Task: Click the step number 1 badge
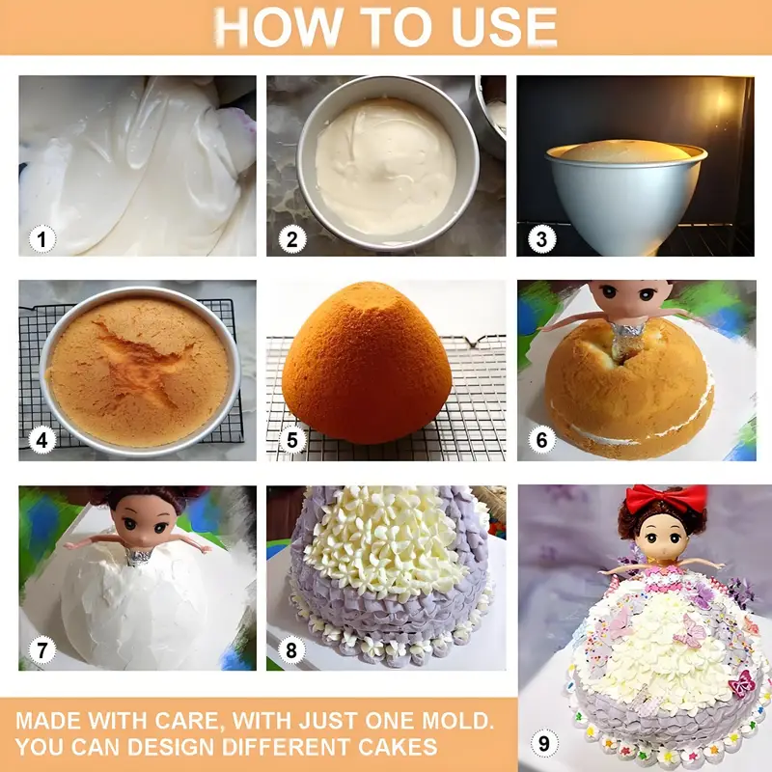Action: (41, 239)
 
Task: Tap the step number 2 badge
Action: (292, 239)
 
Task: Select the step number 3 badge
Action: (541, 239)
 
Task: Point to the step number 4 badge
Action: (41, 440)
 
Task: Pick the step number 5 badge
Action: (292, 440)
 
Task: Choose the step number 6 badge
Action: (541, 440)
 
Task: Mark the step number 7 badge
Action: (41, 649)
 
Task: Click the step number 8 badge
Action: (291, 649)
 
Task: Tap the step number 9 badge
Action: (544, 743)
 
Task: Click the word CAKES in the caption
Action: (398, 746)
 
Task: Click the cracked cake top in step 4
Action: (139, 372)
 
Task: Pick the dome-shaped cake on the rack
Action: (367, 363)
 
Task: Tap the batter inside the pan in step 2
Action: (385, 167)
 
